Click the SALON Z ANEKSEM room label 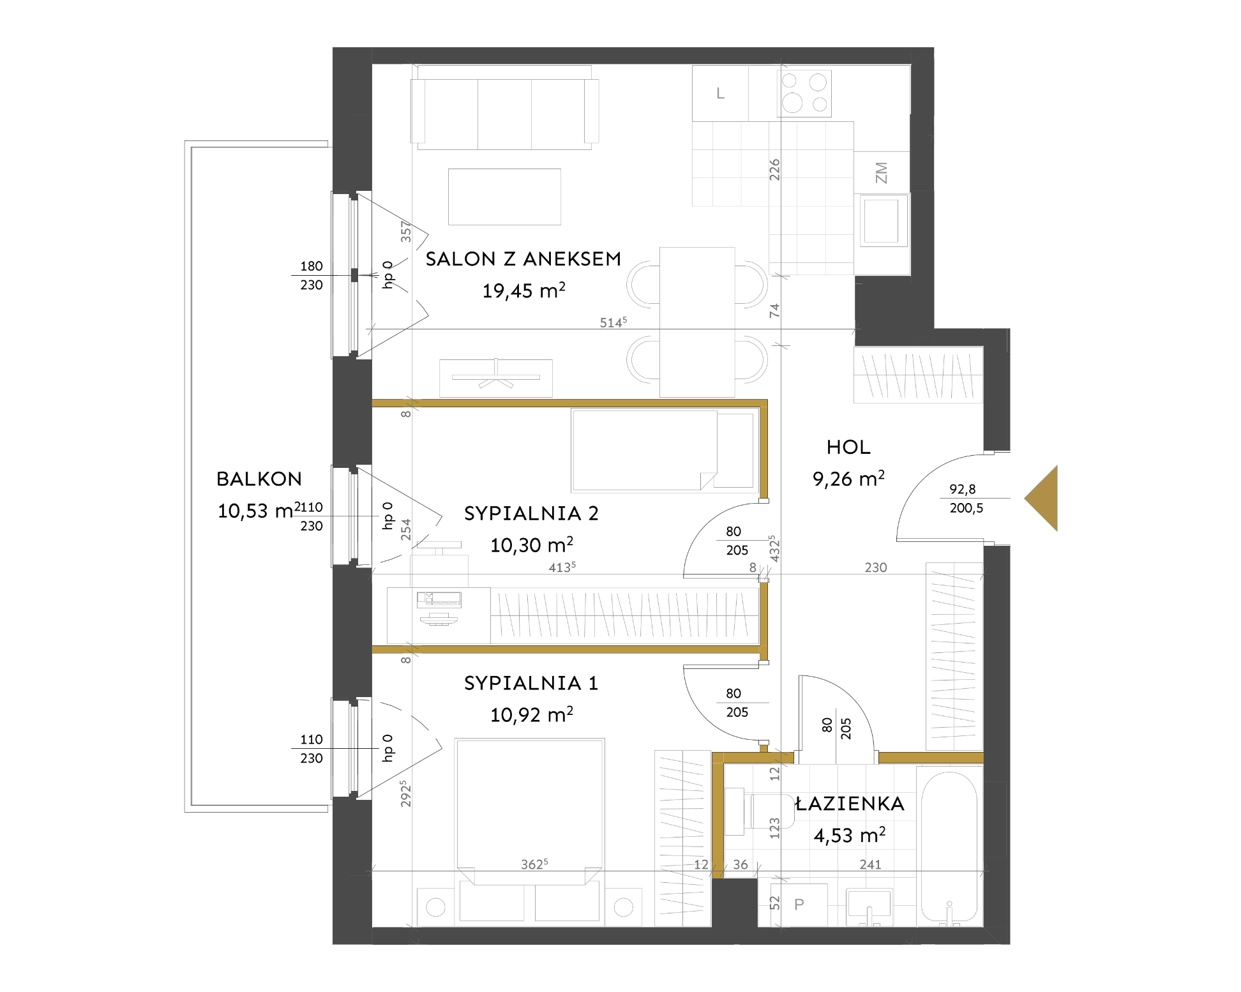523,259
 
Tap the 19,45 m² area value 524,290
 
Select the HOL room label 848,447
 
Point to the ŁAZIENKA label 850,804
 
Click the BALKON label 259,479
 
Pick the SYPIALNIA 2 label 531,514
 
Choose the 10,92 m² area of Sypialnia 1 532,714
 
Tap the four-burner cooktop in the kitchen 804,93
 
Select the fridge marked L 721,93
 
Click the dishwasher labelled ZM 882,172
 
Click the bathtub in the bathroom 949,846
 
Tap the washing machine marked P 799,904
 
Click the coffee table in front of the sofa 504,197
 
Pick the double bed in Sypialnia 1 530,830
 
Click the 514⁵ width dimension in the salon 613,322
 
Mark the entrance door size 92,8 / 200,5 966,499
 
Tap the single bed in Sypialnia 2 664,450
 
